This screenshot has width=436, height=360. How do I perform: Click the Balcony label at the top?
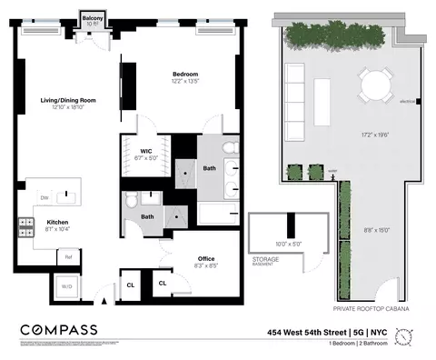92,18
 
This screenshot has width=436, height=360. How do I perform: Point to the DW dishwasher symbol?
44,197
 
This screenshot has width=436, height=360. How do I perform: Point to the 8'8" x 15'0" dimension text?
374,230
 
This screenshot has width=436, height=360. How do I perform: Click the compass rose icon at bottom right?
413,337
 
